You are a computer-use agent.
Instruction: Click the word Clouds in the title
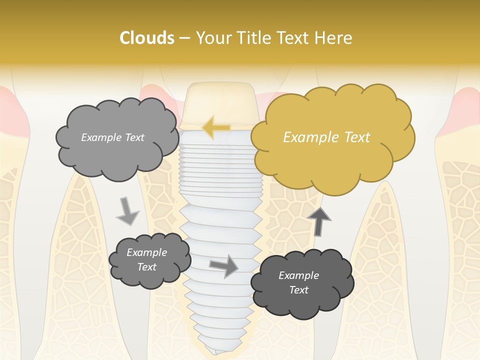[x=146, y=38]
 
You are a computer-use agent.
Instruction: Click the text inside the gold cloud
[x=326, y=137]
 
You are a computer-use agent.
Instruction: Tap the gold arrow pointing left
[x=216, y=127]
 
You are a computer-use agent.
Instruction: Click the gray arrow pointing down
[x=127, y=211]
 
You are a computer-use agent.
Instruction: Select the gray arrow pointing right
[x=224, y=265]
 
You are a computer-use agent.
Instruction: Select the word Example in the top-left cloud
[x=99, y=137]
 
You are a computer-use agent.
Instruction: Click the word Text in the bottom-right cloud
[x=298, y=290]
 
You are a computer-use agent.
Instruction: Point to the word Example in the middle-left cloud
[x=146, y=252]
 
